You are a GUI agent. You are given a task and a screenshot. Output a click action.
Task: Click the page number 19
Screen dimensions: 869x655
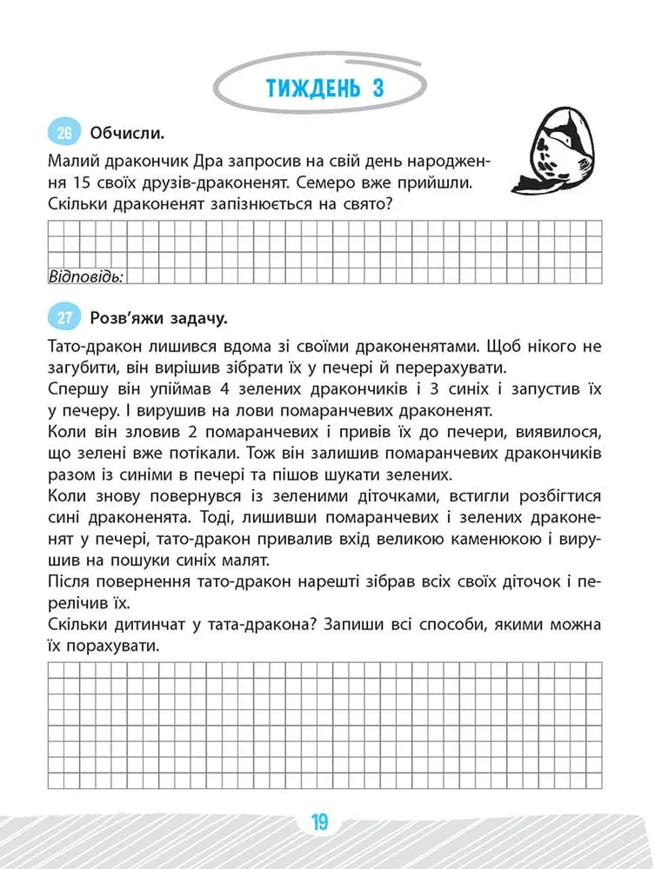tap(319, 821)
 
